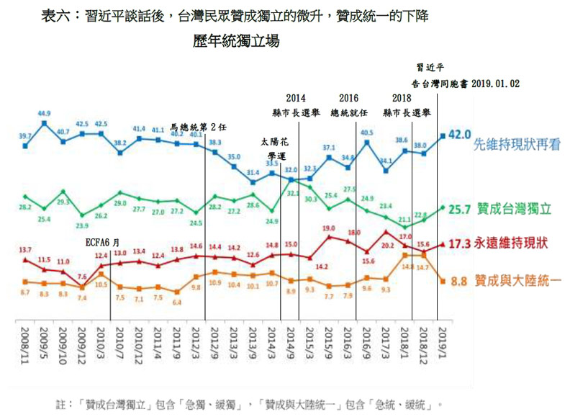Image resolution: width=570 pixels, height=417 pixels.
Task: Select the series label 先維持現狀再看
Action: click(x=516, y=145)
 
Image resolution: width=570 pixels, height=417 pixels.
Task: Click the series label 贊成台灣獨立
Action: click(x=516, y=209)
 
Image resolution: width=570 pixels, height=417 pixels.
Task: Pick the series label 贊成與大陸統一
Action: click(x=516, y=281)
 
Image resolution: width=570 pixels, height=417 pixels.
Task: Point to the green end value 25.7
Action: click(x=459, y=210)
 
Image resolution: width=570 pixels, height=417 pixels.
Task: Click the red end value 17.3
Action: click(x=459, y=244)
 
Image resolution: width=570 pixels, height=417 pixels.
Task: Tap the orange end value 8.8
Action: click(x=459, y=281)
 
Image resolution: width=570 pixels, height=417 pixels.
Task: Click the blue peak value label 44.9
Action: click(x=44, y=114)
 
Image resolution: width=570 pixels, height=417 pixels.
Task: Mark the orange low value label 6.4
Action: click(x=177, y=302)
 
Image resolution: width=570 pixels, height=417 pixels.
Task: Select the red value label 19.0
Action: click(x=329, y=228)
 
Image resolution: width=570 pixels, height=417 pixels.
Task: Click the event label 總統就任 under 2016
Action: click(x=349, y=113)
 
